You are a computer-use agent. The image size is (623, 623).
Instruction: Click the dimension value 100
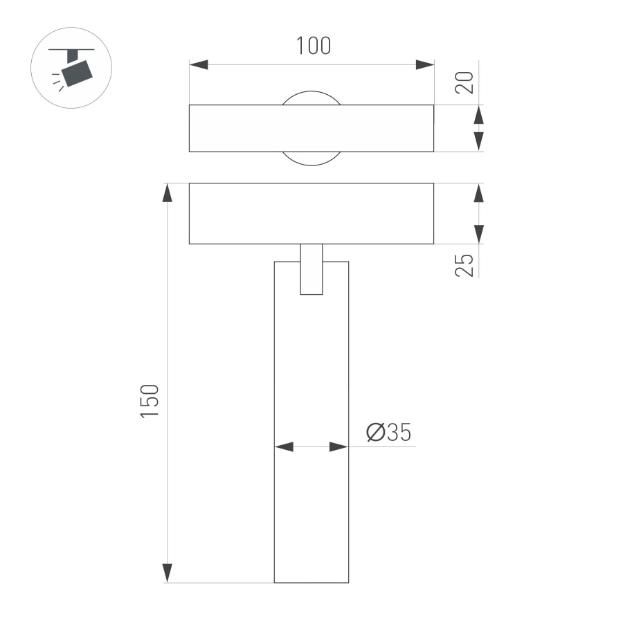tap(313, 46)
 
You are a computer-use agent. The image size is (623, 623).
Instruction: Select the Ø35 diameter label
tap(388, 433)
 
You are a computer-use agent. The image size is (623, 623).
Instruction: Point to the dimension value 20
tap(465, 82)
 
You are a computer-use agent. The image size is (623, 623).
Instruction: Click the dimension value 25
tap(465, 265)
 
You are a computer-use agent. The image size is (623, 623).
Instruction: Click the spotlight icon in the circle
tap(73, 68)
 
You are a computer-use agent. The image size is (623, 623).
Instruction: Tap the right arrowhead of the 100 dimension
tap(424, 64)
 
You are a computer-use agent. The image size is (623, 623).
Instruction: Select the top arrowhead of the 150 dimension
tap(167, 193)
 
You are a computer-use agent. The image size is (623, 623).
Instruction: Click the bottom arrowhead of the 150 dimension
tap(167, 572)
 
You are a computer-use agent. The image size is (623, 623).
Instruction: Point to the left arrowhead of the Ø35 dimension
tap(284, 447)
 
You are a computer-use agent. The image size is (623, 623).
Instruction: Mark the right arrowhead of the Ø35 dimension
tap(338, 447)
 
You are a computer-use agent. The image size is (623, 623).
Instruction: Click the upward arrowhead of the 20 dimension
tap(478, 115)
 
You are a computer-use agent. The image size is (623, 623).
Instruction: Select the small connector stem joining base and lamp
tap(311, 269)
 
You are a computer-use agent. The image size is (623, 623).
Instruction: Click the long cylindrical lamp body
tap(311, 429)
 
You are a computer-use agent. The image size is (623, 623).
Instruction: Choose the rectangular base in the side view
tap(311, 213)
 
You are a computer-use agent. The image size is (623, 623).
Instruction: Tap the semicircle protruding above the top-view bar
tap(311, 98)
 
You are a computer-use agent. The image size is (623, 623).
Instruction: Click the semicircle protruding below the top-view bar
tap(311, 159)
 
